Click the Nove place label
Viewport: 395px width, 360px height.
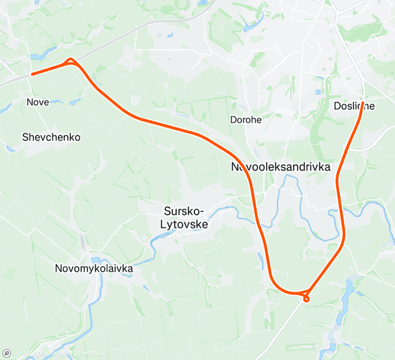(x=38, y=101)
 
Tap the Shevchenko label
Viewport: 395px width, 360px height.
(x=51, y=137)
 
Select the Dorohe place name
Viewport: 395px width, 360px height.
(x=246, y=120)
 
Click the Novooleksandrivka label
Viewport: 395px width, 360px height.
(x=281, y=167)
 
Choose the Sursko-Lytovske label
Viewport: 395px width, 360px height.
(x=184, y=217)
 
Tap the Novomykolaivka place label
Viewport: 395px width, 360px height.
(x=94, y=269)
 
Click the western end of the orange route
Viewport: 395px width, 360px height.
(x=33, y=74)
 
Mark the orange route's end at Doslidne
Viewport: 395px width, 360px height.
(x=362, y=103)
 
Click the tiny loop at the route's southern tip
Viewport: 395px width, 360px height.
(x=306, y=299)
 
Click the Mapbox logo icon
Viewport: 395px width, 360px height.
(x=7, y=353)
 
